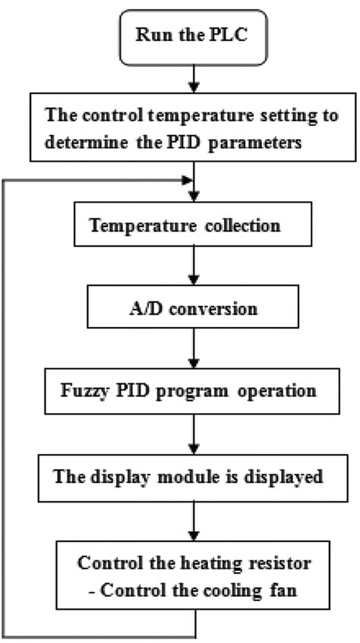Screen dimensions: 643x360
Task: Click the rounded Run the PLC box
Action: [x=195, y=36]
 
